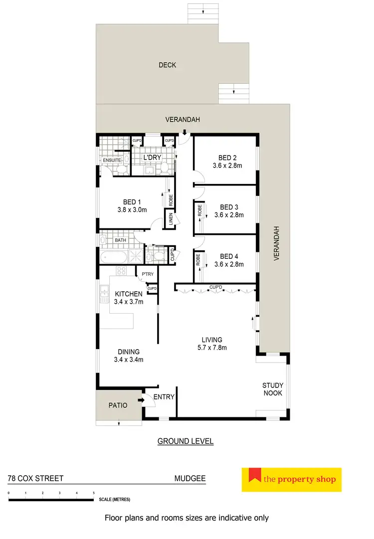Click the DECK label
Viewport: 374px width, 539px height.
click(x=167, y=65)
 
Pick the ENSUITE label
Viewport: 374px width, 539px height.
click(x=113, y=160)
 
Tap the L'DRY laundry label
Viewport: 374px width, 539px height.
click(x=151, y=158)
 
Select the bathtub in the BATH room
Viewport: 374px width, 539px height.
click(x=113, y=257)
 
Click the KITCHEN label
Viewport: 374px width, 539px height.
click(x=129, y=294)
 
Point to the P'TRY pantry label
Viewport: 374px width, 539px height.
click(x=147, y=275)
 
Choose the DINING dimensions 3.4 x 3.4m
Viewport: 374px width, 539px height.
click(x=129, y=359)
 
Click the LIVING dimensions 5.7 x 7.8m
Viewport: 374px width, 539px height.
click(x=212, y=348)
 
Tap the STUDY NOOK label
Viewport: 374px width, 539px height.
click(x=273, y=389)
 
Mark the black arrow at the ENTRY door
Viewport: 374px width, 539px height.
click(x=141, y=399)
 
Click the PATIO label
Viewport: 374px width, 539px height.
click(x=118, y=405)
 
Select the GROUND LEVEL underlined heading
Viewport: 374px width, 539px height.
click(x=186, y=441)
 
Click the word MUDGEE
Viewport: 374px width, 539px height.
click(x=189, y=478)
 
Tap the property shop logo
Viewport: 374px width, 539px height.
click(x=291, y=480)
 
